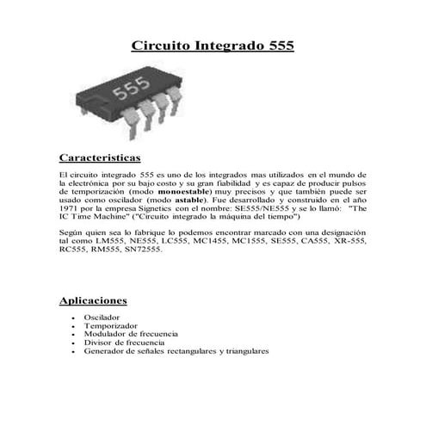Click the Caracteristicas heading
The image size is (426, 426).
click(x=99, y=158)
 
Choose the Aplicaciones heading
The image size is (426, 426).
click(x=93, y=300)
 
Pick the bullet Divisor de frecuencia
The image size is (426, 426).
click(x=123, y=343)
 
